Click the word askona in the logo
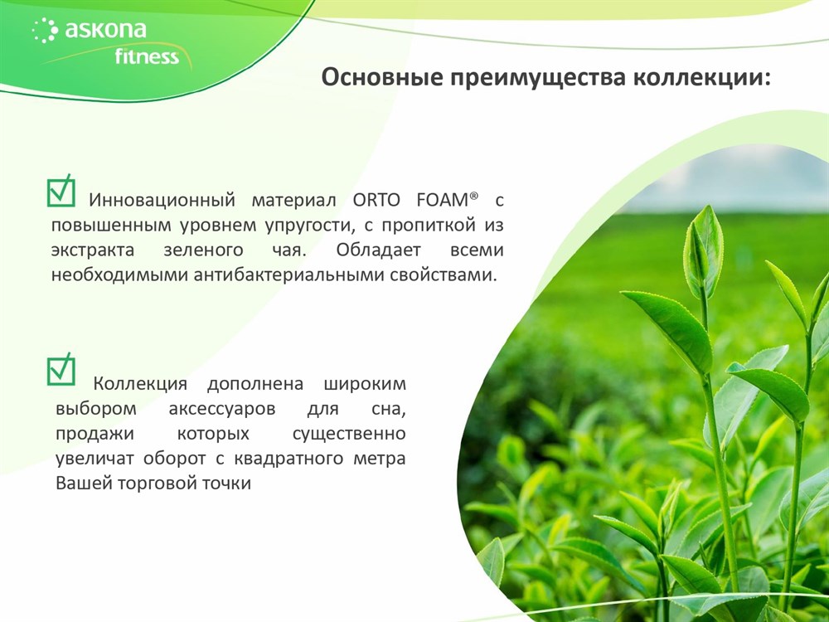tap(106, 29)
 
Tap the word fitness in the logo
tap(147, 56)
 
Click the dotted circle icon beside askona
tap(45, 30)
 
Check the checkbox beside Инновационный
tap(61, 191)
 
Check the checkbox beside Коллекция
tap(61, 370)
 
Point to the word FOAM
tap(443, 201)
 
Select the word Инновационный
tap(162, 201)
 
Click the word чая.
tap(289, 250)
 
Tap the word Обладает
tap(379, 250)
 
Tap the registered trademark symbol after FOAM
tap(473, 196)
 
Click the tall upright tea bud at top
tap(703, 251)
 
